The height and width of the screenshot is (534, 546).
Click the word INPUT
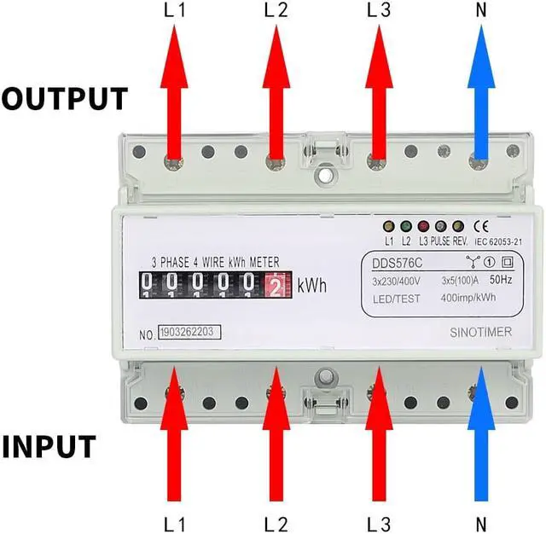[60, 446]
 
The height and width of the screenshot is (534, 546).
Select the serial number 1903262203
[187, 330]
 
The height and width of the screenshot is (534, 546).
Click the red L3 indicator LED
[422, 228]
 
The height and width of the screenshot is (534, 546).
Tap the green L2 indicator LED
[405, 228]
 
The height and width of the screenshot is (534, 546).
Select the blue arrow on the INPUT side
[480, 435]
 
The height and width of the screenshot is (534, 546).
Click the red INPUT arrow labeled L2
[276, 435]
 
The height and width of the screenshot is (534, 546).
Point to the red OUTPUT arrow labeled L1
[173, 94]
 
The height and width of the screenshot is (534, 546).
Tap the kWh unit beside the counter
[312, 285]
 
